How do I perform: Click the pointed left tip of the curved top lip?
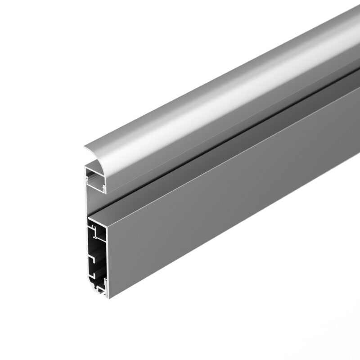[x=84, y=147]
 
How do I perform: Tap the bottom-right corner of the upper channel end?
[x=105, y=193]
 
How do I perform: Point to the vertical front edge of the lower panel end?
[x=108, y=261]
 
